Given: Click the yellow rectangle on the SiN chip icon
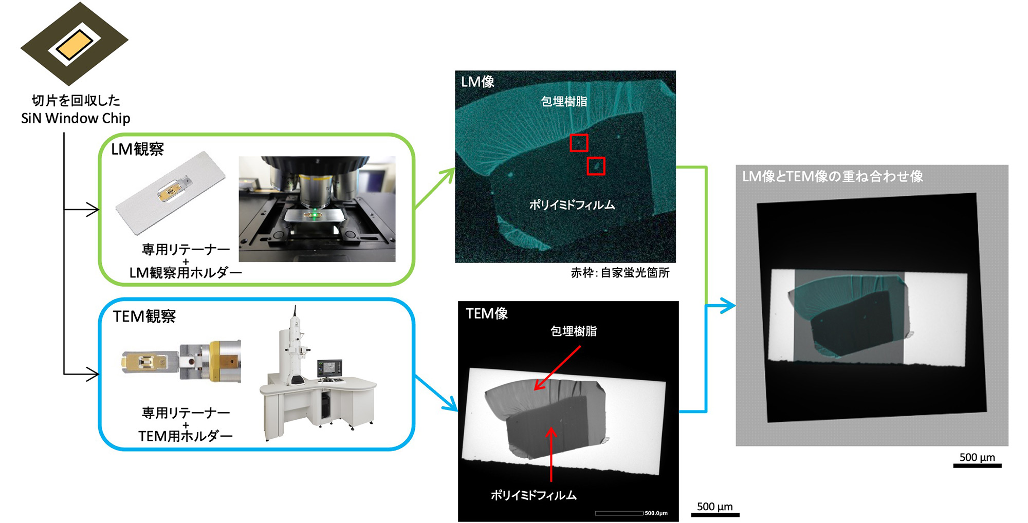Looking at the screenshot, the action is click(x=75, y=44).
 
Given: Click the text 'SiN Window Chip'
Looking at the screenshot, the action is click(x=76, y=118).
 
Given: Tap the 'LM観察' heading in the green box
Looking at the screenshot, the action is click(x=137, y=149).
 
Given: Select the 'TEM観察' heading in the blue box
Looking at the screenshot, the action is click(x=144, y=316).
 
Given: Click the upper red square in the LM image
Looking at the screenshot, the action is click(x=579, y=143).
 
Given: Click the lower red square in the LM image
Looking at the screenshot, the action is click(x=596, y=166).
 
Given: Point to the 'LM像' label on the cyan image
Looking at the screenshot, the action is click(x=478, y=82).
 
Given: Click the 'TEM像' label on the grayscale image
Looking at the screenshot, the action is click(x=487, y=313).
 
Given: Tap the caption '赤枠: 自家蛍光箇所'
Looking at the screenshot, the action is click(x=620, y=273).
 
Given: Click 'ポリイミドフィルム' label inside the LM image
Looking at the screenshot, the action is click(x=572, y=205).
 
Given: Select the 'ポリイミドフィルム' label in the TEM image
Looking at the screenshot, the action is click(x=534, y=495).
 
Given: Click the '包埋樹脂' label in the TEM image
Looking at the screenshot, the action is click(x=574, y=331).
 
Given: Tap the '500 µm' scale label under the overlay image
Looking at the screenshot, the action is click(x=977, y=457).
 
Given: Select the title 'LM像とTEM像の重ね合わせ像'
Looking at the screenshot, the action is click(x=833, y=177).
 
